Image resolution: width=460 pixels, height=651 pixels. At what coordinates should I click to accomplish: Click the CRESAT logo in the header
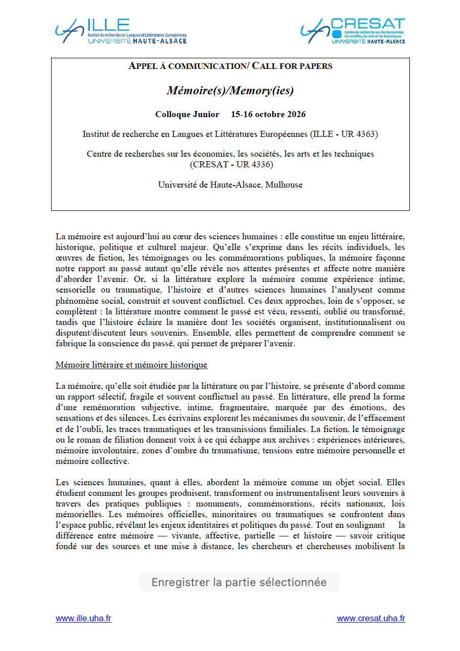point(353,31)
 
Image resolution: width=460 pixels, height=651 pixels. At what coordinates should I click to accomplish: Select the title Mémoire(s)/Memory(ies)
point(230,90)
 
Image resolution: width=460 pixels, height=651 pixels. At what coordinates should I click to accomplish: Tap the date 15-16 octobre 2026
point(268,114)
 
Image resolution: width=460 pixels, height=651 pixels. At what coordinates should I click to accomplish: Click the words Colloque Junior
point(187,114)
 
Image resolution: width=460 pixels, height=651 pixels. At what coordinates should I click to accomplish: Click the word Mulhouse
point(285,185)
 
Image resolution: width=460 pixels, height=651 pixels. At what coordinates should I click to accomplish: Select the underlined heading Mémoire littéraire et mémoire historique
point(131,365)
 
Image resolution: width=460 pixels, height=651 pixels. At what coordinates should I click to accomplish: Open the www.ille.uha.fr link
point(83,619)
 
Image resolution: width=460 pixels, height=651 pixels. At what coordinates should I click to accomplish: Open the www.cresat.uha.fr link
point(371,619)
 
